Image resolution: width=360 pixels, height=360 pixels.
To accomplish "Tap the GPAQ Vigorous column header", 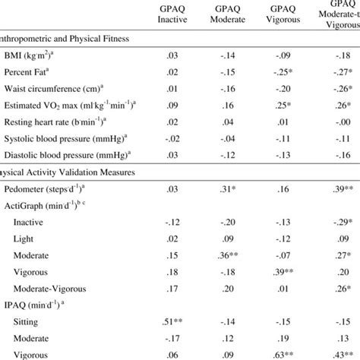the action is [289, 14].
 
